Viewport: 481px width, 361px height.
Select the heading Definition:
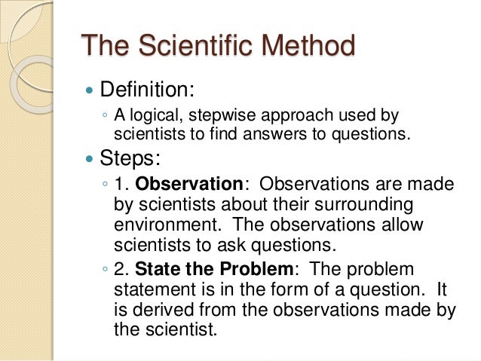[148, 91]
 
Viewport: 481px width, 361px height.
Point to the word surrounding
[359, 205]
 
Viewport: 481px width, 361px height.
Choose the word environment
[161, 225]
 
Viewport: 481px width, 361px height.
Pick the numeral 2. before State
[122, 269]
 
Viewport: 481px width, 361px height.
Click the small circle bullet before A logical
[106, 117]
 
